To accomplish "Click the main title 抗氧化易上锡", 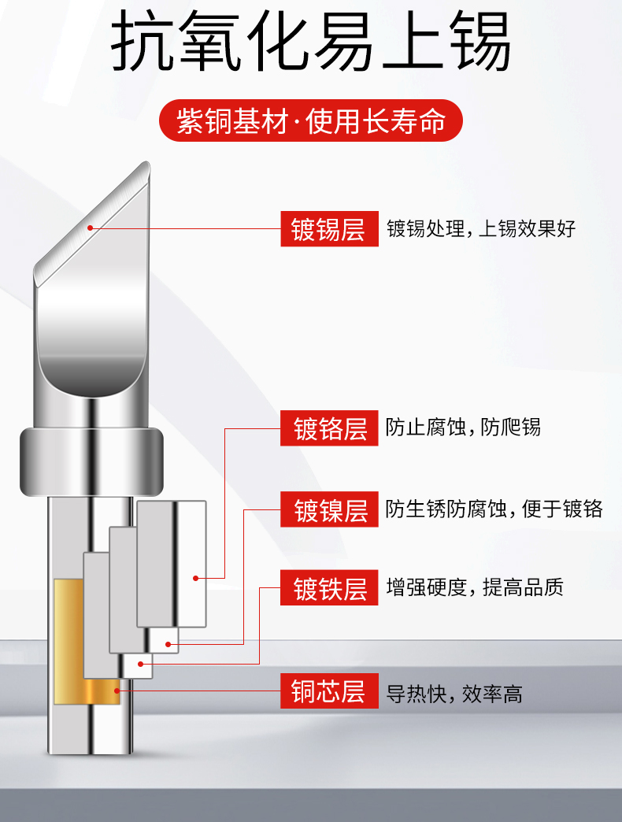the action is [311, 42].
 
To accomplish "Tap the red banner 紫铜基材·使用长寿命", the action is [311, 120].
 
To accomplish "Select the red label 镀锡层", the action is [329, 228].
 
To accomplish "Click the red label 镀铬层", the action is [329, 428].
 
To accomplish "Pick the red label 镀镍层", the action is [329, 509].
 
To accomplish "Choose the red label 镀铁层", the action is [329, 587].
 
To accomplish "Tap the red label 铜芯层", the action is [329, 691].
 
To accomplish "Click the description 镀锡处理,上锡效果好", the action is [481, 228].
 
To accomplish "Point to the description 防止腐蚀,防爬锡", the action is [463, 428].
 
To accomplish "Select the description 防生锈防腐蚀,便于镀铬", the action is [494, 509].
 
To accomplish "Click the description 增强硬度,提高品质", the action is [475, 587].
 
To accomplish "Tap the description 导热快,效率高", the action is [454, 694].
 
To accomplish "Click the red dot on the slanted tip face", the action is [90, 228].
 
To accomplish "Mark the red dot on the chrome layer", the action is [195, 578].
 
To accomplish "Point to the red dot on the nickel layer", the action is [168, 644].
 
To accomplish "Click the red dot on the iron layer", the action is [140, 665].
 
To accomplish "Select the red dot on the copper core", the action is [117, 691].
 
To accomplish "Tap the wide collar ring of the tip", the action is [91, 462].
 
